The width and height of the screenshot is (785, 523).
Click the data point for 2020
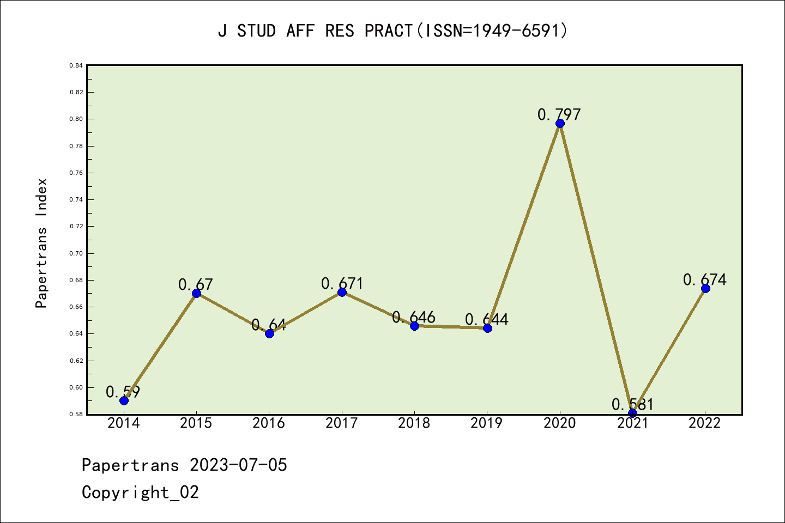560,123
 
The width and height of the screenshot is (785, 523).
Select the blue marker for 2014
124,400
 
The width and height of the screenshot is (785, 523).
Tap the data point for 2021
632,413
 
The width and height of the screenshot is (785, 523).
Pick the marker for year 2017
342,293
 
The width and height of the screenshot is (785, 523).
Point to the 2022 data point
705,288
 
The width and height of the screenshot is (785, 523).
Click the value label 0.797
559,114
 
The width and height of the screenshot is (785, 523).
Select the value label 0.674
704,279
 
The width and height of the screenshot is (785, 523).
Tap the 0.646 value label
414,317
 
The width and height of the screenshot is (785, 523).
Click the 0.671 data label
342,283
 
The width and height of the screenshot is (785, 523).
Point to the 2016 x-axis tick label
269,423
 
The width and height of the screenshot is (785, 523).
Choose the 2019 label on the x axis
487,423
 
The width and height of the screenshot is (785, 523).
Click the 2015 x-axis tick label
196,423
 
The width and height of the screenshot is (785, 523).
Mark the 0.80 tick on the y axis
76,119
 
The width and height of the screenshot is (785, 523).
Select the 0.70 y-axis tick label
76,253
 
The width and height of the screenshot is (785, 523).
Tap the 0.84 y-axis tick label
76,65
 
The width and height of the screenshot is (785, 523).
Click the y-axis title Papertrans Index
41,243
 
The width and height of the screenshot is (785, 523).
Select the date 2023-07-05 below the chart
238,465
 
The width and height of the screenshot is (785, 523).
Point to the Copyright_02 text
140,492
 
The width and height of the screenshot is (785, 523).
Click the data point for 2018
414,326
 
